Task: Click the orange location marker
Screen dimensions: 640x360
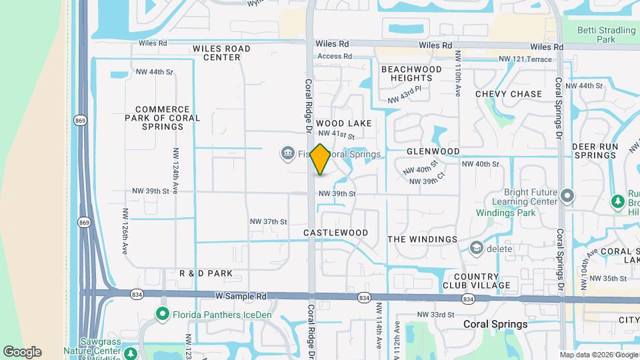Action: (x=321, y=159)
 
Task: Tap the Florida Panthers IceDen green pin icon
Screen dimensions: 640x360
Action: (x=162, y=313)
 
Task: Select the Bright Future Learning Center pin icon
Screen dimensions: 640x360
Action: (x=567, y=196)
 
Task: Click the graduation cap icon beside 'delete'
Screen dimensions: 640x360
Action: (x=477, y=249)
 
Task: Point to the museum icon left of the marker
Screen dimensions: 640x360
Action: (x=287, y=154)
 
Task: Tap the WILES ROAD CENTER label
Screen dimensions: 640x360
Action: (x=221, y=53)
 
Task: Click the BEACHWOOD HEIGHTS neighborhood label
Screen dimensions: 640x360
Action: (x=411, y=73)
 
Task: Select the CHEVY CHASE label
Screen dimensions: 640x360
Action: (x=509, y=94)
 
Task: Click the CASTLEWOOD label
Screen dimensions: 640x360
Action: (x=336, y=233)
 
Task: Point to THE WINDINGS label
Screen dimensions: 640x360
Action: (x=423, y=239)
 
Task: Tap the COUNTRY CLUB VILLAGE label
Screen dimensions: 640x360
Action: (x=482, y=281)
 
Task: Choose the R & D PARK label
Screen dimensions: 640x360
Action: (x=206, y=273)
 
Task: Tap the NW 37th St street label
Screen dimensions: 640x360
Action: (x=268, y=221)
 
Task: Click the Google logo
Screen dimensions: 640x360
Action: (x=22, y=351)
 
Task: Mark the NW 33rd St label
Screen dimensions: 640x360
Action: (x=435, y=315)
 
